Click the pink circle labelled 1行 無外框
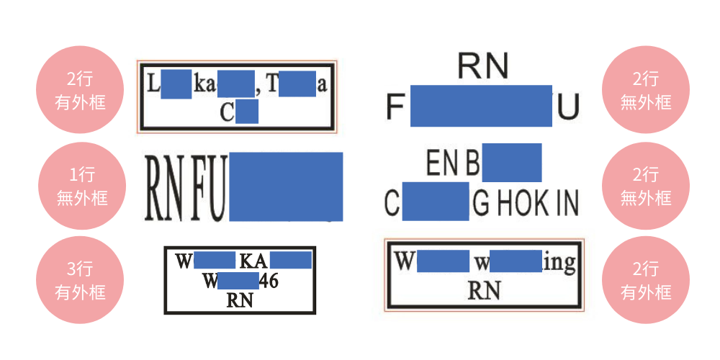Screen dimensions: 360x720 pyautogui.click(x=81, y=186)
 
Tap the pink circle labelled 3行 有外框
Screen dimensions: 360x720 pyautogui.click(x=81, y=280)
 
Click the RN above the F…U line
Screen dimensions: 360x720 pyautogui.click(x=483, y=67)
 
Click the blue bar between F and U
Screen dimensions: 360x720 pyautogui.click(x=481, y=105)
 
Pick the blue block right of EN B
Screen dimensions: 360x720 pyautogui.click(x=511, y=163)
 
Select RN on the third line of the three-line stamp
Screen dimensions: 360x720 pyautogui.click(x=240, y=300)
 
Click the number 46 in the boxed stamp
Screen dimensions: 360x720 pyautogui.click(x=268, y=281)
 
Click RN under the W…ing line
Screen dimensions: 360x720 pyautogui.click(x=484, y=290)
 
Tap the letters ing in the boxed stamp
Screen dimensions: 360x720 pyautogui.click(x=559, y=263)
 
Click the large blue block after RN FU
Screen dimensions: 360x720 pyautogui.click(x=285, y=186)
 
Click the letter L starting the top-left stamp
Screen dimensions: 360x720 pyautogui.click(x=153, y=85)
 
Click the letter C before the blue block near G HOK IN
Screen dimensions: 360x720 pyautogui.click(x=392, y=204)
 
